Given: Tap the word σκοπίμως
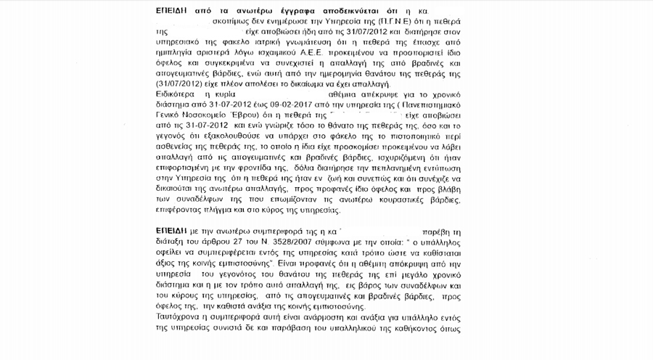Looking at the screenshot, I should click(229, 23).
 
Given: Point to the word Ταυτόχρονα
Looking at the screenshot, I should click(178, 317).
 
